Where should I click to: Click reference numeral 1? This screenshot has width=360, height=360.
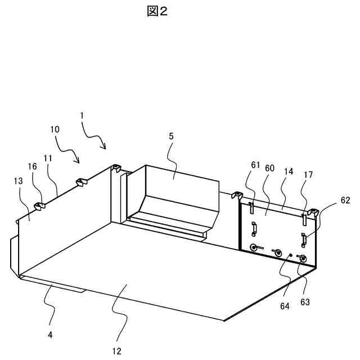(x=82, y=115)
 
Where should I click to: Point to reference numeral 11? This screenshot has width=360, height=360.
(x=48, y=160)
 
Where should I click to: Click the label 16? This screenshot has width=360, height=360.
(x=33, y=166)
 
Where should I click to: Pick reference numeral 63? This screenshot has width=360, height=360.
(x=305, y=303)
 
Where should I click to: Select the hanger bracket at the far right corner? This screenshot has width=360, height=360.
(x=313, y=213)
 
